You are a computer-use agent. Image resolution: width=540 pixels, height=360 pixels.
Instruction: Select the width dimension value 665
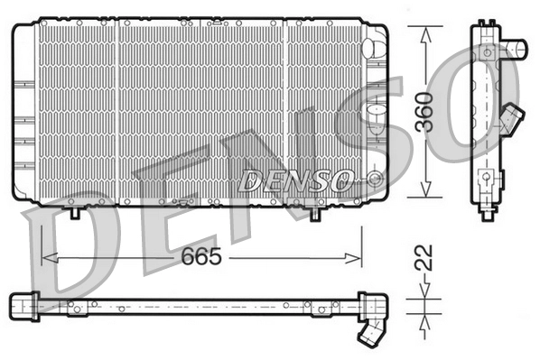point(201,257)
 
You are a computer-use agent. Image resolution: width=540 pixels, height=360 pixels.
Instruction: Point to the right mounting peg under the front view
point(315,214)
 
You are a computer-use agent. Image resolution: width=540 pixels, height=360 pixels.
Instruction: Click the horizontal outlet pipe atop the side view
point(516,47)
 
